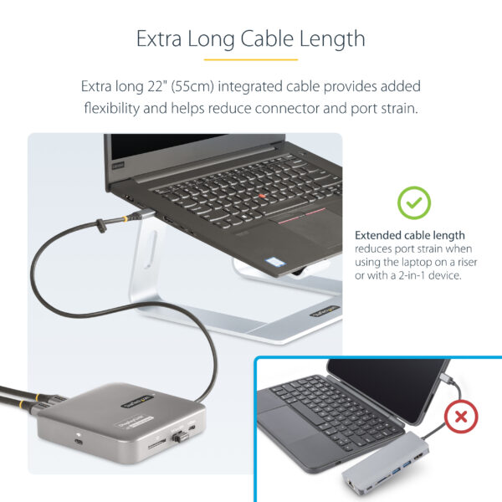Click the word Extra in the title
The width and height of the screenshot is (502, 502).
click(158, 38)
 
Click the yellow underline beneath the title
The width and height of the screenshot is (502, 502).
click(250, 59)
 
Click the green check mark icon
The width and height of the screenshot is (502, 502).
click(413, 202)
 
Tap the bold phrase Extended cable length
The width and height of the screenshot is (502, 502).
click(409, 235)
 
